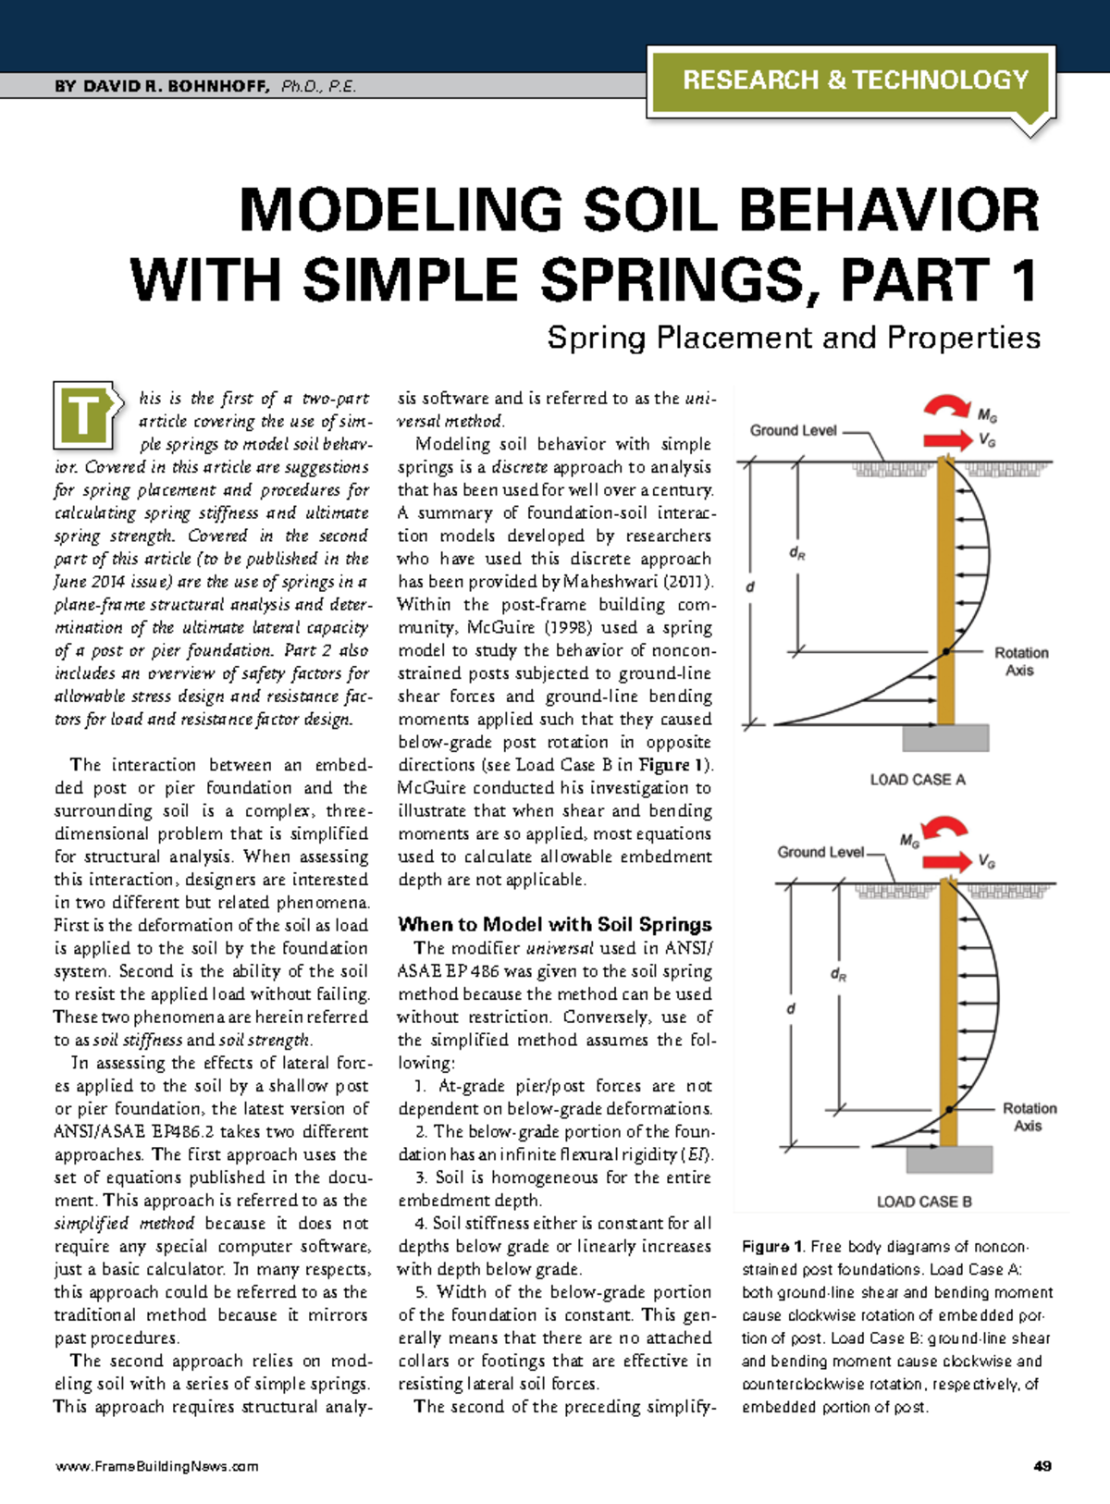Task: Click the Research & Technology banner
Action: coord(855,80)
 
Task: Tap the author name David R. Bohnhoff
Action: coord(162,87)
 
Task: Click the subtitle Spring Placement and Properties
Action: coord(793,338)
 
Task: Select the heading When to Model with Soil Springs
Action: coord(555,924)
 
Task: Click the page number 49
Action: coord(1042,1466)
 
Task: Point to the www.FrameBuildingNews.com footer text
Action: coord(156,1466)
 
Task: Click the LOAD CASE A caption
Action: coord(917,780)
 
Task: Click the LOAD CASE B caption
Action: coord(923,1202)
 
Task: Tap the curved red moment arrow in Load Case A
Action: coord(947,408)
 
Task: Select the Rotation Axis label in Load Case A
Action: coord(1020,661)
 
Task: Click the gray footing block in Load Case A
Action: coord(945,737)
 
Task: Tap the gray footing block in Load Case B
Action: coord(949,1159)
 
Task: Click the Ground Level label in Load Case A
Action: coord(793,431)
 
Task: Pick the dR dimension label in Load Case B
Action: coord(838,974)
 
